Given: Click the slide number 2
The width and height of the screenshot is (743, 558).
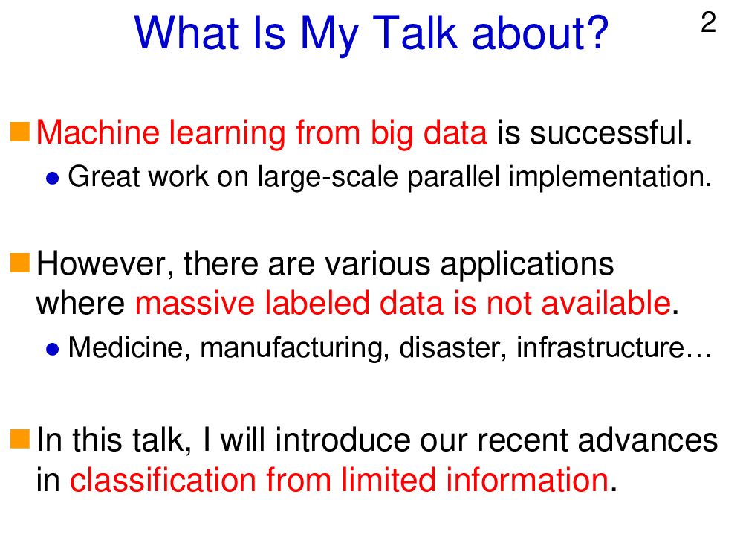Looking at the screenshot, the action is point(708,23).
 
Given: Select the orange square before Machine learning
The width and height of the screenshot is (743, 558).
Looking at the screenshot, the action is point(20,132).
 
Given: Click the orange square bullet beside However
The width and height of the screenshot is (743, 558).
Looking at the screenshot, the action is point(20,263).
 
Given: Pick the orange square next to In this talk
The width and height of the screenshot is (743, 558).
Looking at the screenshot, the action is point(20,438).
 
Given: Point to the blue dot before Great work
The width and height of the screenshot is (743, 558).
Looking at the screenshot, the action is point(53,179).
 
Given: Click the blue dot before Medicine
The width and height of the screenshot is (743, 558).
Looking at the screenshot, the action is point(53,350).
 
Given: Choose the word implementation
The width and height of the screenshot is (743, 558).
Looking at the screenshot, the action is point(610,177).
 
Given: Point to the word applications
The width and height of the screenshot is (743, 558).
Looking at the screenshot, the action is point(527,264).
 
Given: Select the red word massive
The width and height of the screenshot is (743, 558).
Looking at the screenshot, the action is point(195,304).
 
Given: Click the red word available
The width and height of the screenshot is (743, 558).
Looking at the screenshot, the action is point(606,303).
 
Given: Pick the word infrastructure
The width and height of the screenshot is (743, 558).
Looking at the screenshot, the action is point(600,347).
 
